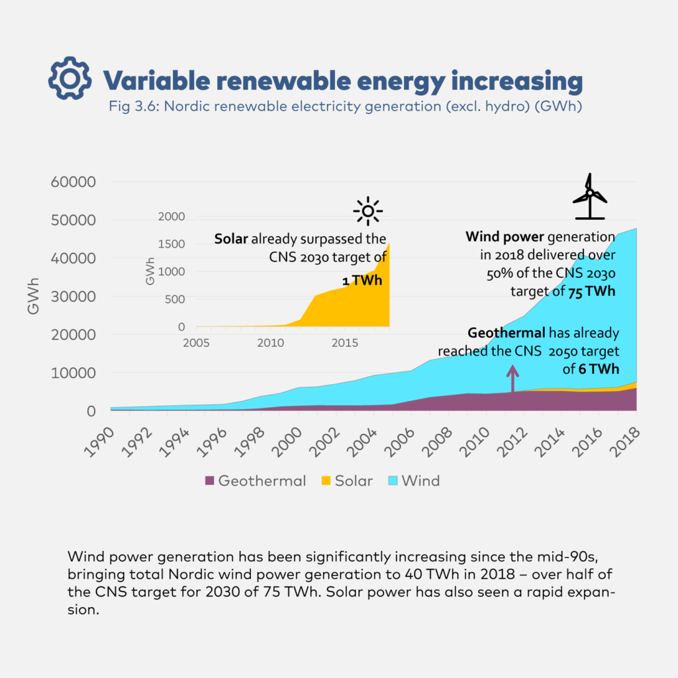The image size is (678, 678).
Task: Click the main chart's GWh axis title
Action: tap(34, 296)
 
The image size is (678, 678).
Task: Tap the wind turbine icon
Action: tap(589, 197)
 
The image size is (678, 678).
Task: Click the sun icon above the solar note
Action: tap(368, 211)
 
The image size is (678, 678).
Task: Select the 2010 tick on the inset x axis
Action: tap(269, 343)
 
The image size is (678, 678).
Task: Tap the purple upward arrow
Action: tap(512, 380)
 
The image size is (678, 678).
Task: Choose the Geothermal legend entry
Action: tap(256, 481)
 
